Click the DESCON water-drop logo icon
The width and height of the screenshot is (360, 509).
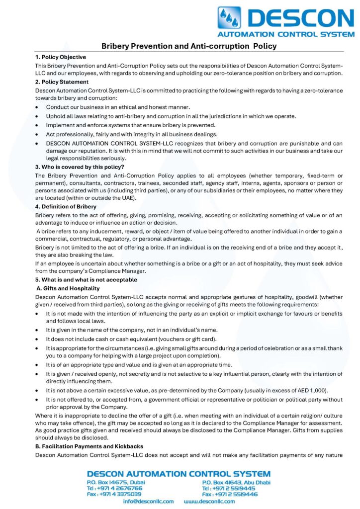229,17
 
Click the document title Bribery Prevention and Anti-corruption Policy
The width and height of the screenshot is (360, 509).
189,46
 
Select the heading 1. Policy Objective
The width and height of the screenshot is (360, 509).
61,57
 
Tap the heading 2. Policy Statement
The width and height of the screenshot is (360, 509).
62,82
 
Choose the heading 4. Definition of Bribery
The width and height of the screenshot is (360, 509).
66,206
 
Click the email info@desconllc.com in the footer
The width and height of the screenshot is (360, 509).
148,501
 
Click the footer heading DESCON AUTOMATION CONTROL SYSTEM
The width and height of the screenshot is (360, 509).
179,474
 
